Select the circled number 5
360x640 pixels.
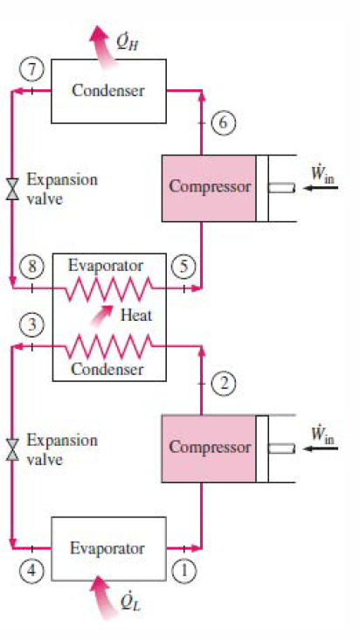point(183,265)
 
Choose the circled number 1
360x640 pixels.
point(184,570)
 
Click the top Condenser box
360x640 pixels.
point(107,91)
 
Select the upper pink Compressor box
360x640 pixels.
point(209,187)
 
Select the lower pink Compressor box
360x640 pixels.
point(209,448)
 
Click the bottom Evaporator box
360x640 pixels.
point(107,548)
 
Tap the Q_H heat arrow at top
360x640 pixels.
point(104,39)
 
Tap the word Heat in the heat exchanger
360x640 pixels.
point(135,316)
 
